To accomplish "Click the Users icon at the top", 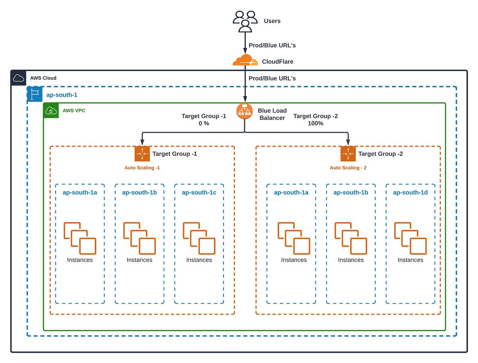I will tap(245, 21).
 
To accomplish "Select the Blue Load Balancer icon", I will tap(245, 111).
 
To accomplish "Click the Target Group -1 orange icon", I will tap(142, 154).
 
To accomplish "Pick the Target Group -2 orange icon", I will tap(348, 154).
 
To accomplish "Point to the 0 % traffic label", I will tap(204, 124).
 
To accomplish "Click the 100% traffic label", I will tap(315, 124).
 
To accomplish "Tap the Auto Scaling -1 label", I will tap(142, 168).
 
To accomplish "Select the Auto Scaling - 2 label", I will tap(348, 168).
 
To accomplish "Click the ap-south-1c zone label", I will tap(199, 192).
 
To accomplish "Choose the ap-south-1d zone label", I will tap(410, 192).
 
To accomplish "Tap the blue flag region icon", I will tap(35, 94).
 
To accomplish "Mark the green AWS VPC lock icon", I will tap(51, 111).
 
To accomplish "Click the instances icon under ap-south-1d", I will tap(410, 238).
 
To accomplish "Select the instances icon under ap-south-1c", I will tap(199, 238).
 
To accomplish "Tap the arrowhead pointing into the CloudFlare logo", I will tap(245, 51).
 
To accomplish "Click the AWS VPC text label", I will tap(74, 110).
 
